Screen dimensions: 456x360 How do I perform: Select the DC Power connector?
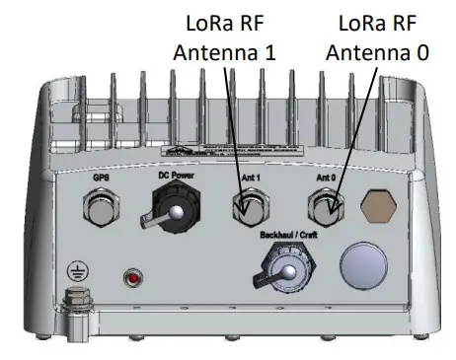coord(169,212)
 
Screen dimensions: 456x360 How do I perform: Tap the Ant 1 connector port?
coord(247,208)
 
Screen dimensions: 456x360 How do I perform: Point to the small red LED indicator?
coord(129,277)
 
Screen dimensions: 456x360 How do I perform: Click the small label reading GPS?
coord(101,178)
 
